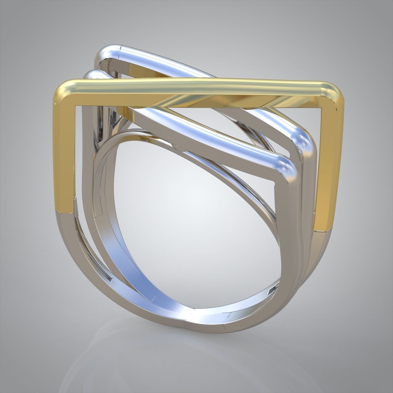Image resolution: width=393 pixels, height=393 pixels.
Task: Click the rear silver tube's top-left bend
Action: coord(104,55)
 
